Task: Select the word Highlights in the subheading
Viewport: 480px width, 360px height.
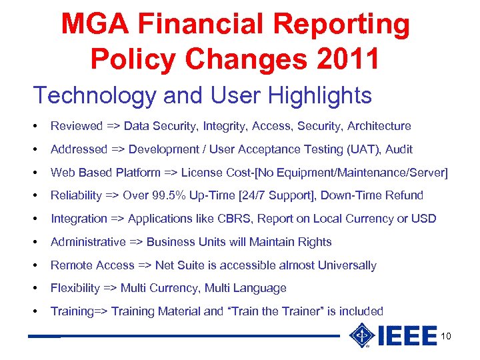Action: [x=320, y=95]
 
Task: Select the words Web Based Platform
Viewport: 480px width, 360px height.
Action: [x=105, y=173]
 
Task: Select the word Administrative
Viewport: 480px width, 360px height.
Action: [x=88, y=242]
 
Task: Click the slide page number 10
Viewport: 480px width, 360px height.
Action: [x=446, y=336]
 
